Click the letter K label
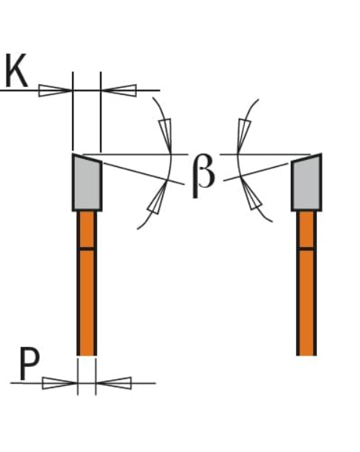[17, 71]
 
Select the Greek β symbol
[203, 176]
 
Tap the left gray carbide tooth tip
[87, 182]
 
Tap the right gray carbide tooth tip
[306, 182]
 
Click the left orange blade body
[86, 283]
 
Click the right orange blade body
[306, 283]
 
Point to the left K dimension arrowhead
[55, 91]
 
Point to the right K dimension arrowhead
[119, 91]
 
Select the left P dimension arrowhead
[60, 383]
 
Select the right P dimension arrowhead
[114, 383]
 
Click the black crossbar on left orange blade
[86, 248]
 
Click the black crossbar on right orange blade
[306, 248]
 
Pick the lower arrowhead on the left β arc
[157, 198]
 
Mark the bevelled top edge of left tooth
[87, 158]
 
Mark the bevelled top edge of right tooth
[306, 158]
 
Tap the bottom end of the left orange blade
[86, 355]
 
